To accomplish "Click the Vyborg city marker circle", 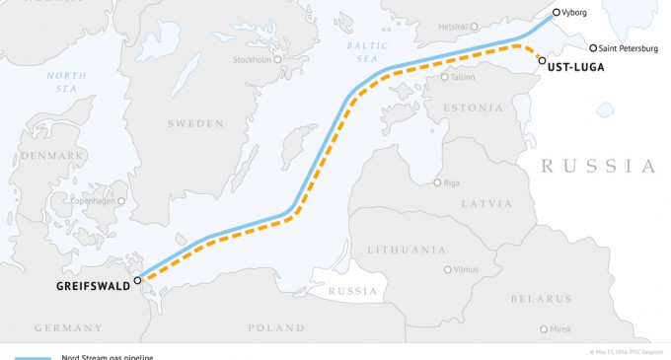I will (557, 13).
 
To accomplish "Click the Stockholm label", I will (252, 59).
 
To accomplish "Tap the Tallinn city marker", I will (445, 77).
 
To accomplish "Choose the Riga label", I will (453, 182).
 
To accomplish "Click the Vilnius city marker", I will (446, 269).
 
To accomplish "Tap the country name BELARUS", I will (540, 298).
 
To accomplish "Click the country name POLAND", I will (276, 327).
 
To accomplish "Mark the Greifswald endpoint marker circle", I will (138, 280).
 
